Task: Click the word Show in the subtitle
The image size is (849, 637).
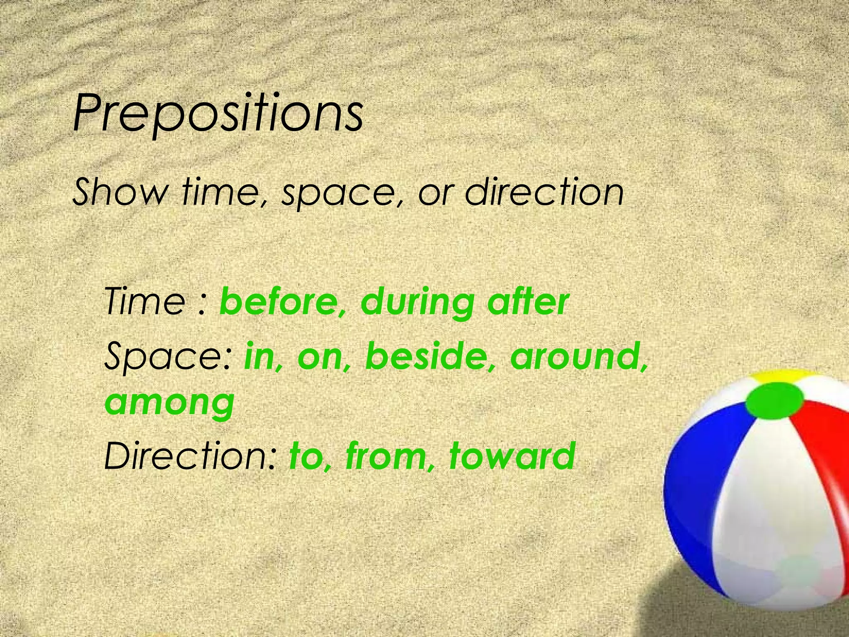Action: pos(120,192)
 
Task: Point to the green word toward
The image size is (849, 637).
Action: pos(512,455)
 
